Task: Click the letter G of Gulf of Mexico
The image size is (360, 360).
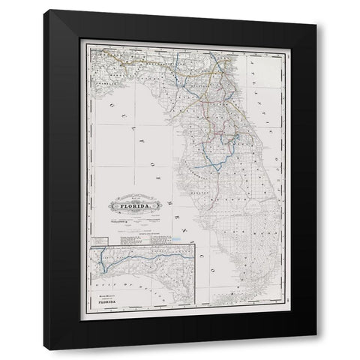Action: coord(121,105)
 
